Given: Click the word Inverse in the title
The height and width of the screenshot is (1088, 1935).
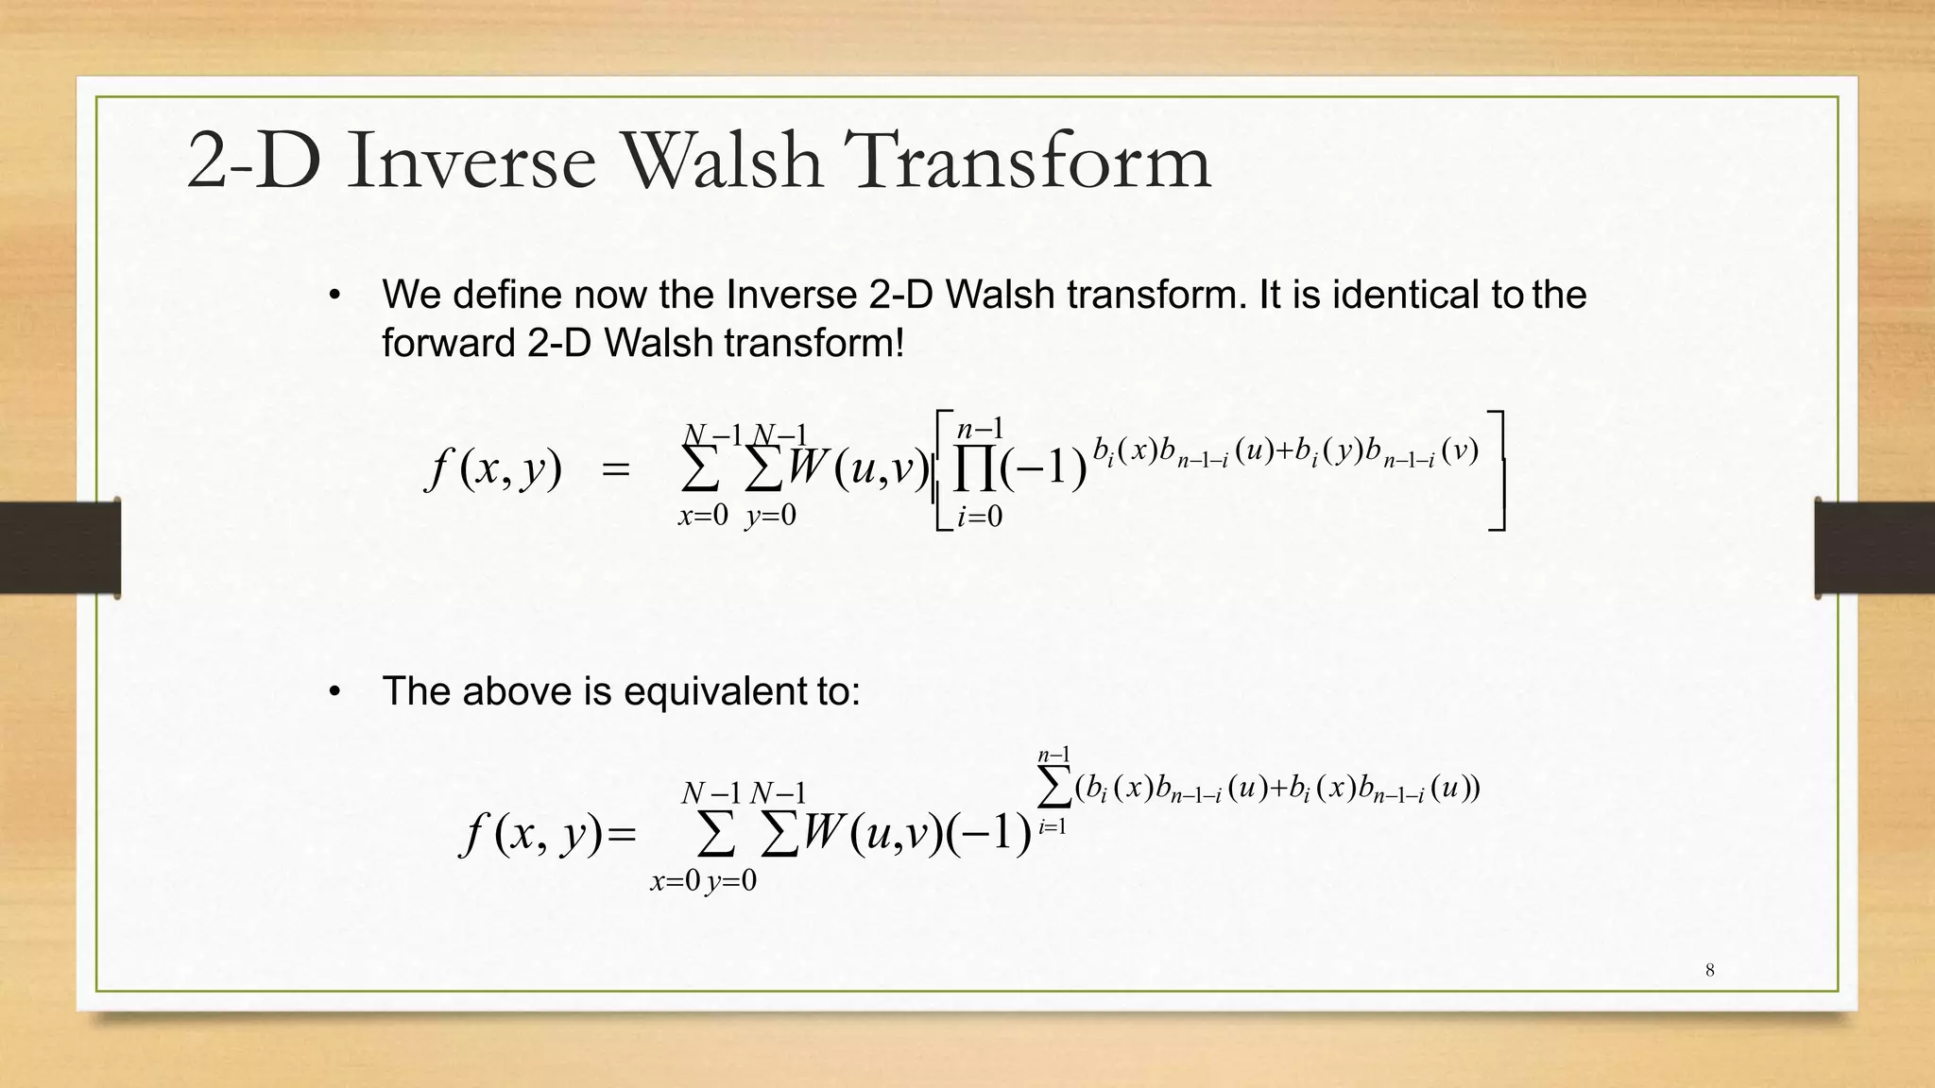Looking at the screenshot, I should pyautogui.click(x=471, y=161).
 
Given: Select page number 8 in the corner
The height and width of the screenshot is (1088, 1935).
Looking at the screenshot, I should pyautogui.click(x=1709, y=970).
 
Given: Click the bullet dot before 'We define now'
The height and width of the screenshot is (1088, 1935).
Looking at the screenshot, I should pyautogui.click(x=334, y=297).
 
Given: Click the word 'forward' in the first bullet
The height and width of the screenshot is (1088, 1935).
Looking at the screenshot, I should pyautogui.click(x=449, y=342).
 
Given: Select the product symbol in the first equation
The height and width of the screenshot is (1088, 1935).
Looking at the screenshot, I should pyautogui.click(x=974, y=470).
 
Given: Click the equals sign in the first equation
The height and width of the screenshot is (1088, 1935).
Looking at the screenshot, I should pyautogui.click(x=615, y=469).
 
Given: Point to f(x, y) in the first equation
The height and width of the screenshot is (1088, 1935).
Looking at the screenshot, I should pyautogui.click(x=494, y=468).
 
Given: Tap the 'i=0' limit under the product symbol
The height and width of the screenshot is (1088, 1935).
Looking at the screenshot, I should pyautogui.click(x=979, y=517).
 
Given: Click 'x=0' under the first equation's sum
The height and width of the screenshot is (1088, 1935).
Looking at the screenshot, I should pyautogui.click(x=703, y=516).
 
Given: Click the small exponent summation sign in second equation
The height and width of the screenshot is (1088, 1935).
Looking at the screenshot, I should pyautogui.click(x=1053, y=788).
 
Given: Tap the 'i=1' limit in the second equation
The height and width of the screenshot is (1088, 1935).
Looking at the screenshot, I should pyautogui.click(x=1052, y=828).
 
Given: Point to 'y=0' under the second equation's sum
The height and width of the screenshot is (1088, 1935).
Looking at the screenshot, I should pyautogui.click(x=731, y=881).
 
